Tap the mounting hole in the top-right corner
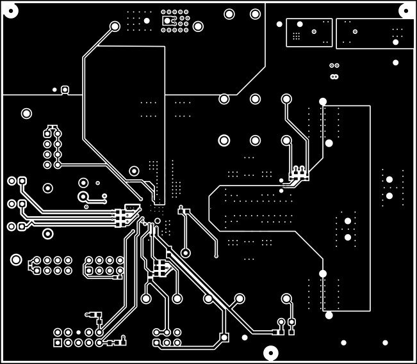click(405, 10)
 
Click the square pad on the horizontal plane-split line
click(65, 90)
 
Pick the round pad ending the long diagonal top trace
click(115, 26)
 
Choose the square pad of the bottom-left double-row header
click(58, 343)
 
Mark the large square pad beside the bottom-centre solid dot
click(224, 337)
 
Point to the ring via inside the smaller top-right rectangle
click(315, 31)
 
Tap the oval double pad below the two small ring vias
click(333, 77)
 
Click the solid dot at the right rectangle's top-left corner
click(322, 102)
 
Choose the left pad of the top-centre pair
click(229, 14)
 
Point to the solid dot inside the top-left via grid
click(147, 21)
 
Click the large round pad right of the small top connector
click(198, 26)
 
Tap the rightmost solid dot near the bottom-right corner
click(386, 342)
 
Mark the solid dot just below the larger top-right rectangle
click(395, 63)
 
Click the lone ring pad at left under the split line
click(26, 114)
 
